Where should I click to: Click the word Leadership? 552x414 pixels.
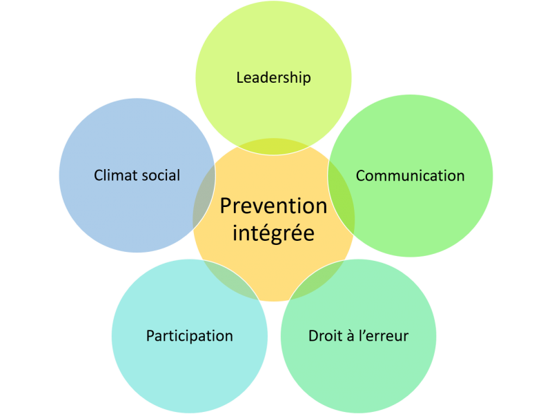(273, 78)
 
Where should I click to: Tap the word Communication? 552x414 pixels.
(410, 176)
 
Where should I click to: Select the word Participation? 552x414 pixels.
(189, 336)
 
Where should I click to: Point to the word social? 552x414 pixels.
(161, 175)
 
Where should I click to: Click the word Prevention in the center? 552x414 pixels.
(273, 206)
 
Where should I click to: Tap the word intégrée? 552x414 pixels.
(273, 233)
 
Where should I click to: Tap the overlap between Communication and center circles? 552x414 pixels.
(341, 197)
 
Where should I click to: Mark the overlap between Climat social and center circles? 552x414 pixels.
(204, 197)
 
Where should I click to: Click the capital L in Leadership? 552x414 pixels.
(239, 78)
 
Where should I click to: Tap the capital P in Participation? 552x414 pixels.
(150, 336)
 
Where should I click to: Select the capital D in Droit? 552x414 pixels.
(314, 336)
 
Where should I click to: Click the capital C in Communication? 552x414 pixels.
(361, 176)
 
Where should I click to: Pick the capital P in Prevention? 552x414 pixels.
(226, 206)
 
